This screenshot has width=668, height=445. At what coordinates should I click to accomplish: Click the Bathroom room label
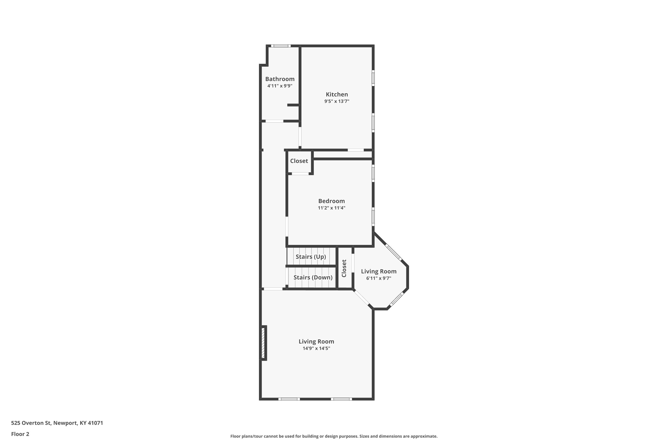[280, 79]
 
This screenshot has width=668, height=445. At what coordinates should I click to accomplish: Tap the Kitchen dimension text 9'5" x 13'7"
[337, 101]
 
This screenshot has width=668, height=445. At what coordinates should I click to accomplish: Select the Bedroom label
[332, 201]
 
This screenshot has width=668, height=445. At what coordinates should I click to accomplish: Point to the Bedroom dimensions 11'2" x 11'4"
[332, 208]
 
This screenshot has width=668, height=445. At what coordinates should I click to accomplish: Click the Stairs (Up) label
[311, 257]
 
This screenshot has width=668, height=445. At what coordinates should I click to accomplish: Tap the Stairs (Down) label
[313, 277]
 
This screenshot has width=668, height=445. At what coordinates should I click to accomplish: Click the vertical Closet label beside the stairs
[344, 268]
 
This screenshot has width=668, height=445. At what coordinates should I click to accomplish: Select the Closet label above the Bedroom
[299, 161]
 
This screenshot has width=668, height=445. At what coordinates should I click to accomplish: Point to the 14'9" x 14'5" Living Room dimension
[316, 348]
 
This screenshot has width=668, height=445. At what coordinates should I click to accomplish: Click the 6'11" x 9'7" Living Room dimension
[379, 278]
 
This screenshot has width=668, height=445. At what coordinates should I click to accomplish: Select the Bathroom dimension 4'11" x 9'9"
[280, 86]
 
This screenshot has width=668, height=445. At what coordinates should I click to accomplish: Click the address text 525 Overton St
[31, 423]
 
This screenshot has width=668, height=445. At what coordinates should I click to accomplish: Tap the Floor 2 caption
[20, 434]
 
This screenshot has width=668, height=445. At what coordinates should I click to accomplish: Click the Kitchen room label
[337, 94]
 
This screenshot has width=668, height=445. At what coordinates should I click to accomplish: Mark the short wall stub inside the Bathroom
[293, 105]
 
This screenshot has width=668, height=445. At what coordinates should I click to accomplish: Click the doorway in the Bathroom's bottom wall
[274, 121]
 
